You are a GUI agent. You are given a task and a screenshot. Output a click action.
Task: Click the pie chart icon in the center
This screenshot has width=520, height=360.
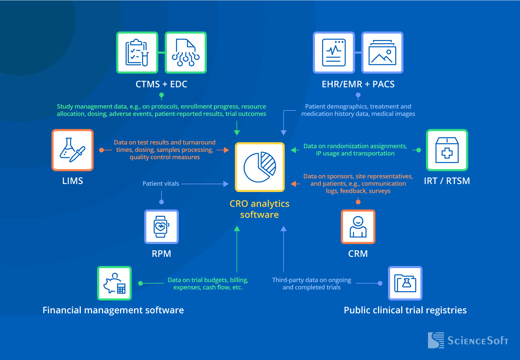point(260,166)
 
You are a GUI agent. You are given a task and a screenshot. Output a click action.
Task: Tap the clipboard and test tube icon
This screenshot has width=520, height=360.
point(137,53)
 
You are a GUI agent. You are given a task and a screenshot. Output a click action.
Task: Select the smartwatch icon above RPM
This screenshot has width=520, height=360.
point(161,227)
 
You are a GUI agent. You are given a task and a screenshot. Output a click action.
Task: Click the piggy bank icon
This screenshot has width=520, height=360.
point(114,283)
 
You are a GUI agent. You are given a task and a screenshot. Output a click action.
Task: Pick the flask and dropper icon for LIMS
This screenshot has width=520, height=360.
point(72,150)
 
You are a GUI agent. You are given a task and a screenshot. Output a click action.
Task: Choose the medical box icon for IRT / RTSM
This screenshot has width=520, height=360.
point(447,150)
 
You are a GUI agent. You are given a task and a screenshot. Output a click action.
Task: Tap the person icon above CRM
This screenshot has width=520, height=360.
point(358,227)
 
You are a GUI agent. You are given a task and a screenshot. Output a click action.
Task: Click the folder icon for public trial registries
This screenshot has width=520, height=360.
point(405,283)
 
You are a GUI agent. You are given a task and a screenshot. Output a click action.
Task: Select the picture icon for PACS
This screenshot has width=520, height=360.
point(382,53)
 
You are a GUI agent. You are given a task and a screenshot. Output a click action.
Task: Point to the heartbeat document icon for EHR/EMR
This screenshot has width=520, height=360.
point(334,53)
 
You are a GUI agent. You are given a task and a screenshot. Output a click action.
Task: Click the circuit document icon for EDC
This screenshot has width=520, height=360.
point(186,53)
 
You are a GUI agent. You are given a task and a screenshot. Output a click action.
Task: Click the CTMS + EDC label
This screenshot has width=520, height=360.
point(161,84)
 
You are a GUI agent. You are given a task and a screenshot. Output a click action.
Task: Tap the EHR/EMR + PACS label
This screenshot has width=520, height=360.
point(358,84)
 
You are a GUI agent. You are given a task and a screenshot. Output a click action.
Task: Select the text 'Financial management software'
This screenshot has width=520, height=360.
point(113,310)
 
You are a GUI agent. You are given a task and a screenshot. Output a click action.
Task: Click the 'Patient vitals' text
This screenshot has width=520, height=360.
point(161,184)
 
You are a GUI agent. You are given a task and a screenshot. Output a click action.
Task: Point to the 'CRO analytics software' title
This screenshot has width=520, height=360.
point(260,209)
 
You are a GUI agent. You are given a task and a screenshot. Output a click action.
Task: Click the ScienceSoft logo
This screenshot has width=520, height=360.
point(468,340)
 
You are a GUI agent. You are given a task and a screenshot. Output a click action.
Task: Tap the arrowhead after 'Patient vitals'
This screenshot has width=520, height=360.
point(226,184)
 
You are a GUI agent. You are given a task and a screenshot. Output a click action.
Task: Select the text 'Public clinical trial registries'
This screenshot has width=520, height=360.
point(405,310)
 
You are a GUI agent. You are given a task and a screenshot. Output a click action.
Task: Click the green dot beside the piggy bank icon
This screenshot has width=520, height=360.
point(140,283)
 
